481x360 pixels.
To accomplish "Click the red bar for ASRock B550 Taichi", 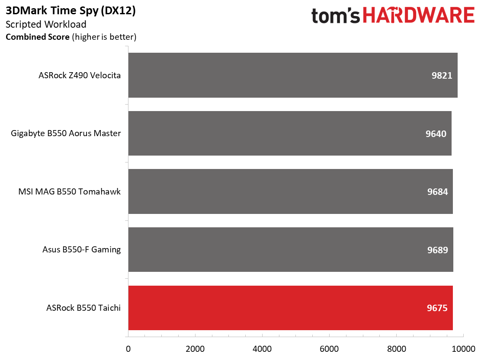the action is click(291, 308).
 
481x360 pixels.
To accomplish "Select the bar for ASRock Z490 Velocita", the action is click(293, 75).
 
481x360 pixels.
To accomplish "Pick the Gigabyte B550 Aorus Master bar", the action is click(290, 133).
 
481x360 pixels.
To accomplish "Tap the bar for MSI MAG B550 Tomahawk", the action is click(291, 191).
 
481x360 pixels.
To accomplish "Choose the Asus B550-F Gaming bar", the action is click(291, 250).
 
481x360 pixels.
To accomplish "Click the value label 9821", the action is click(442, 76).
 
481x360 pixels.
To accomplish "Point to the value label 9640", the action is click(436, 134).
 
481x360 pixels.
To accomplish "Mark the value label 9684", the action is click(437, 192).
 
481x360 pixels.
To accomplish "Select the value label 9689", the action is click(437, 250).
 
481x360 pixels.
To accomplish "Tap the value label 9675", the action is click(437, 308).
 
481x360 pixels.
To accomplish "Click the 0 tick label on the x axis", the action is click(128, 349).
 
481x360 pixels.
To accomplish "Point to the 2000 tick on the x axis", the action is click(195, 349).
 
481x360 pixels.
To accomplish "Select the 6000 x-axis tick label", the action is click(329, 349).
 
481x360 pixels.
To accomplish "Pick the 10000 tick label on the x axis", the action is click(464, 349).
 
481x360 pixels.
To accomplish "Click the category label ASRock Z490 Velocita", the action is click(80, 75).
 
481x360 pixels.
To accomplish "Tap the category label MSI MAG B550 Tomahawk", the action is click(69, 191).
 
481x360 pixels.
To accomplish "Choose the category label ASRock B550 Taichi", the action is click(83, 308).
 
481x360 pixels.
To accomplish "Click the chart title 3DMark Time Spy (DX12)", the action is click(71, 11).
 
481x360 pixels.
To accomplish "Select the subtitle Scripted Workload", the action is click(46, 25).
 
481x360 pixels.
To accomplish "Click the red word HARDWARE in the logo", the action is click(419, 15).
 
